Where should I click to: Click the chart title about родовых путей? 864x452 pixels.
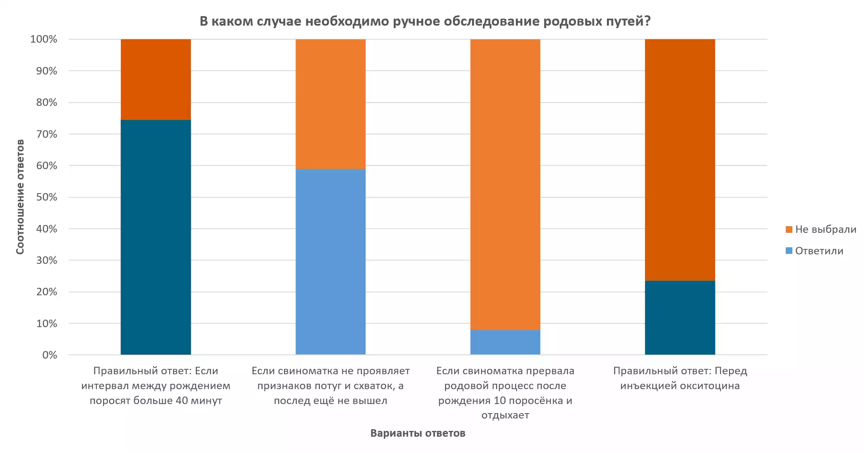click(x=425, y=21)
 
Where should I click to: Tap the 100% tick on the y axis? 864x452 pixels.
click(x=44, y=39)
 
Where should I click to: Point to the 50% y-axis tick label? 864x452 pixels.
click(x=46, y=197)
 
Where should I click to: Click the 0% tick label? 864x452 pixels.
click(x=50, y=355)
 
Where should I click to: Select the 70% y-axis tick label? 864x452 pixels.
click(x=46, y=134)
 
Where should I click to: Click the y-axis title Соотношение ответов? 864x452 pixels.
click(x=20, y=197)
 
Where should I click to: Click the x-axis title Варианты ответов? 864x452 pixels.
click(x=418, y=433)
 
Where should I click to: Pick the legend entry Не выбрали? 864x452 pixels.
click(x=825, y=230)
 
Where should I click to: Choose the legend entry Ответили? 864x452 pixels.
click(x=819, y=251)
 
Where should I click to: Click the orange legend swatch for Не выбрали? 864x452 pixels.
click(x=789, y=230)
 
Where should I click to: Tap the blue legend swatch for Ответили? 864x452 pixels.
click(x=789, y=251)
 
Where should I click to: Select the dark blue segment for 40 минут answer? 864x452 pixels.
click(x=156, y=237)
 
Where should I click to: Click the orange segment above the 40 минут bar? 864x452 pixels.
click(x=156, y=79)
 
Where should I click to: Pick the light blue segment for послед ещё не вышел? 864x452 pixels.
click(x=330, y=261)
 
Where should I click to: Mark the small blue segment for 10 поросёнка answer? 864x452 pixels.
click(x=505, y=342)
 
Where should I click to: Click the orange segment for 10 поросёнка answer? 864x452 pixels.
click(x=505, y=184)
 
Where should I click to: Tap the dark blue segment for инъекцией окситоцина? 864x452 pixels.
click(x=680, y=318)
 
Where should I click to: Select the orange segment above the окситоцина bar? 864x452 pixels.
click(x=680, y=160)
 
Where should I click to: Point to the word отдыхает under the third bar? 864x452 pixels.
click(x=505, y=415)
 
